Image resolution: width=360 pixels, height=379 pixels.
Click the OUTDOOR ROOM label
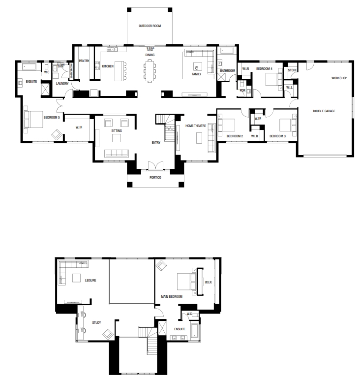[150, 25]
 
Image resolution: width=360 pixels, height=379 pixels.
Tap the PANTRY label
[83, 61]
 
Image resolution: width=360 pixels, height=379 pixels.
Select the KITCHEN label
[108, 66]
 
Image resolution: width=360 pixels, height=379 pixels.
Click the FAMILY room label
[196, 74]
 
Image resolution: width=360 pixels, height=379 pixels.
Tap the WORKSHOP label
[339, 78]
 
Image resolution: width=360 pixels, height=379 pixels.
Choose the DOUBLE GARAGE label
[324, 111]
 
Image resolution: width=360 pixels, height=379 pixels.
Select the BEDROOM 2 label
[235, 136]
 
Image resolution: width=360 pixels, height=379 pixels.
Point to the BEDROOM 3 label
[277, 136]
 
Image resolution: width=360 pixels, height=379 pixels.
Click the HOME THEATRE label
[196, 126]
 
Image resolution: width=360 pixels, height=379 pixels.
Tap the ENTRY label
[156, 143]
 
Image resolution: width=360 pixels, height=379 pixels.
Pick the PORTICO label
[155, 178]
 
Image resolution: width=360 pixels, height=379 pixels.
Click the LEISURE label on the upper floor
[90, 280]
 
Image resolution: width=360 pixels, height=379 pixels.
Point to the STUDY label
[96, 323]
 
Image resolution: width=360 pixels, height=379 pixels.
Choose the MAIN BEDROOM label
[172, 297]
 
